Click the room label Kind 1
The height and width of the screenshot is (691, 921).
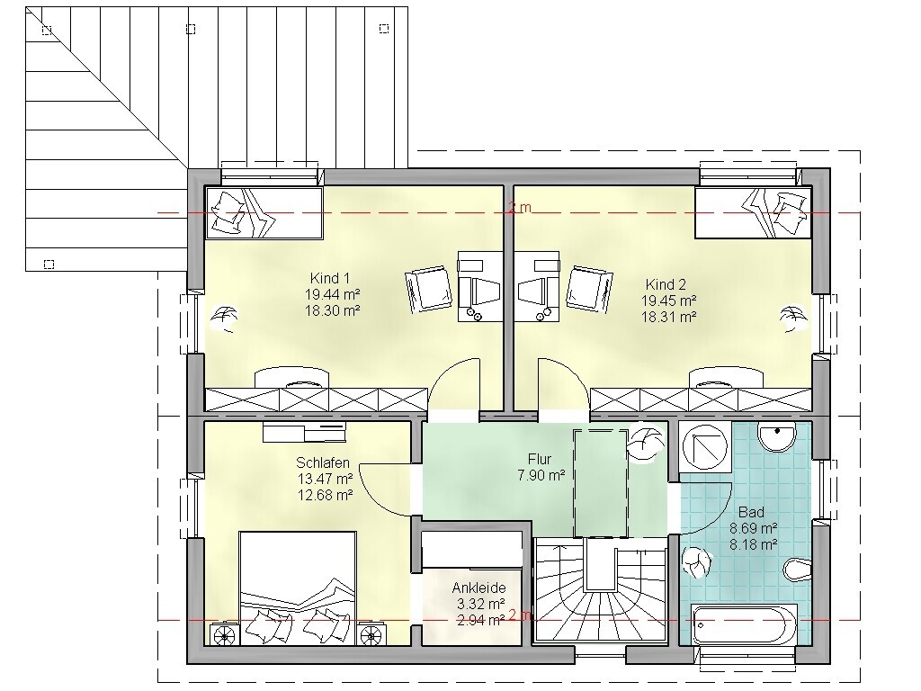(329, 278)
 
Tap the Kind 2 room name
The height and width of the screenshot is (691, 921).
(666, 284)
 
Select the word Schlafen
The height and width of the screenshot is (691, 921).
(323, 462)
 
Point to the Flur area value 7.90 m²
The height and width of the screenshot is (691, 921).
(541, 475)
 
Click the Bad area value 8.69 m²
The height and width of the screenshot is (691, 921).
(754, 527)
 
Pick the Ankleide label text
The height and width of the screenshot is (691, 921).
(478, 588)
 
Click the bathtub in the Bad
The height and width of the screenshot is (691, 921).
(745, 624)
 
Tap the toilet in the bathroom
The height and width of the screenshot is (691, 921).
(798, 568)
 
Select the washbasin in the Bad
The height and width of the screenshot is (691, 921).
(777, 436)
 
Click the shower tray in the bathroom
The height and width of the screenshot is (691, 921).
(705, 448)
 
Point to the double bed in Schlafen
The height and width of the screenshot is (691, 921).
(298, 588)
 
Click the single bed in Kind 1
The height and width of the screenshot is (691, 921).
(264, 212)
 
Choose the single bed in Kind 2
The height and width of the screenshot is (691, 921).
(753, 212)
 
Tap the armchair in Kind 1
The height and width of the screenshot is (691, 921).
(428, 289)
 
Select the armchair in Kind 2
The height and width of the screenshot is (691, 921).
(589, 289)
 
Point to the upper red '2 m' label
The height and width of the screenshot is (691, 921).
(520, 208)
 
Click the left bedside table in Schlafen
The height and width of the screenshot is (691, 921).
(223, 634)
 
